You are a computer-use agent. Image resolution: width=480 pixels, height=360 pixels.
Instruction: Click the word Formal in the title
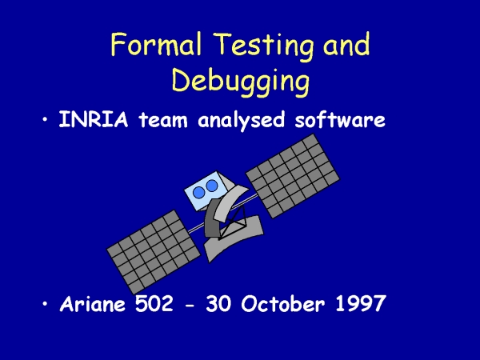pyautogui.click(x=156, y=44)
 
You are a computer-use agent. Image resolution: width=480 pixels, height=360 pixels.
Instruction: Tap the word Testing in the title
pyautogui.click(x=264, y=46)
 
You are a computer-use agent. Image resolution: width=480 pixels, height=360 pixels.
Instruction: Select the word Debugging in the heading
pyautogui.click(x=241, y=82)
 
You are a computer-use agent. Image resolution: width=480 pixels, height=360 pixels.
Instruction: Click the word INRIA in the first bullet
pyautogui.click(x=93, y=119)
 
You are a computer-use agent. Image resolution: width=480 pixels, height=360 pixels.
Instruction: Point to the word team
pyautogui.click(x=163, y=120)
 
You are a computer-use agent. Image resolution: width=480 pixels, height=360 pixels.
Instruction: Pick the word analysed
pyautogui.click(x=242, y=120)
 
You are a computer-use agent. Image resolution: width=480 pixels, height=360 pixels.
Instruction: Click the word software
pyautogui.click(x=340, y=119)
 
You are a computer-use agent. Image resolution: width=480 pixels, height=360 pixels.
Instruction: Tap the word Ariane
pyautogui.click(x=93, y=304)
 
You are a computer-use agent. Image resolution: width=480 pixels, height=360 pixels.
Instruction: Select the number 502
pyautogui.click(x=154, y=304)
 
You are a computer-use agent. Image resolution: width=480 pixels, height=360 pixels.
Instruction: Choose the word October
pyautogui.click(x=283, y=304)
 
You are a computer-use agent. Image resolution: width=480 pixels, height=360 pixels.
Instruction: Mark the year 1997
pyautogui.click(x=360, y=304)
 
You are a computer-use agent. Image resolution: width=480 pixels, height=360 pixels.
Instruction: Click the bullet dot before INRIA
pyautogui.click(x=46, y=119)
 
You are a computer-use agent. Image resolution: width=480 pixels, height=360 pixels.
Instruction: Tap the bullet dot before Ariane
pyautogui.click(x=46, y=304)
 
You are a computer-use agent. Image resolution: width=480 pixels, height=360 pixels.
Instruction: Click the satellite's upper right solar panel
pyautogui.click(x=293, y=176)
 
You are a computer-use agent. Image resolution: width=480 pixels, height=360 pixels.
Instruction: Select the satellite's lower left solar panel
pyautogui.click(x=154, y=252)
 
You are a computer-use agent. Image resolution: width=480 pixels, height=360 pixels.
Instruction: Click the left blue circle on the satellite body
pyautogui.click(x=199, y=192)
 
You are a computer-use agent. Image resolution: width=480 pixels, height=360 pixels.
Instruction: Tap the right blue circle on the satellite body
pyautogui.click(x=212, y=186)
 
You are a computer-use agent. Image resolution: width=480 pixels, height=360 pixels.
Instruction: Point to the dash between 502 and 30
pyautogui.click(x=190, y=306)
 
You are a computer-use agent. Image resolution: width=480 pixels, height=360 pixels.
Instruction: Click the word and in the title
pyautogui.click(x=346, y=44)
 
